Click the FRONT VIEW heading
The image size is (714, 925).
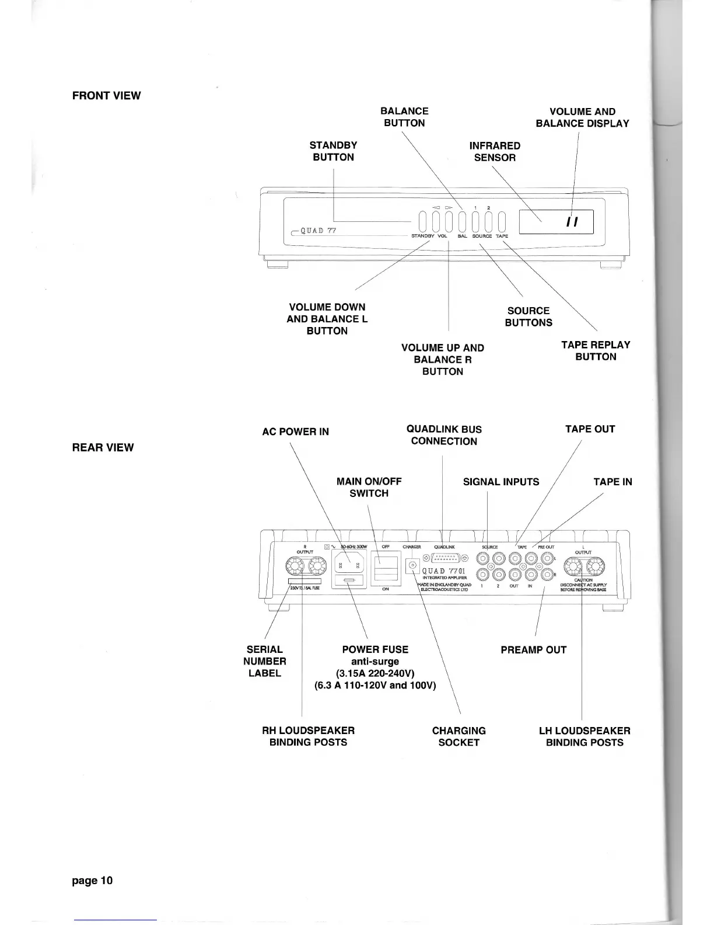coord(106,96)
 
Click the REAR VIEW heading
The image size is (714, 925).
coord(103,448)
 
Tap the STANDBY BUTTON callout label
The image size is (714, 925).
coord(333,151)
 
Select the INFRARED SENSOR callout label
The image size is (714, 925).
coord(495,151)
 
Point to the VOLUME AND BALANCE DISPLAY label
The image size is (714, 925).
coord(582,117)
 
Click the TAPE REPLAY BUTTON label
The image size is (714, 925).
coord(596,351)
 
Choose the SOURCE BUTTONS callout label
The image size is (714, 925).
coord(528,317)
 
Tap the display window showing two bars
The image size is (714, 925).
coord(556,222)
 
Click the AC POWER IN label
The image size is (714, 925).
coord(295,432)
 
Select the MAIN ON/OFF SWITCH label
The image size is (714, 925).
coord(369,487)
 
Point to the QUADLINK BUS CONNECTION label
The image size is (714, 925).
coord(444,435)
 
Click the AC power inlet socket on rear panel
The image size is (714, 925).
coord(349,563)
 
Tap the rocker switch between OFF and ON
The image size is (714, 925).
coord(386,568)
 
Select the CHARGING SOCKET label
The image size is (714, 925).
coord(459,736)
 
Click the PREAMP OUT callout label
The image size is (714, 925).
coord(533,650)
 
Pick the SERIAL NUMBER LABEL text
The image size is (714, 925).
coord(265,661)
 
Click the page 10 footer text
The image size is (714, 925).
coord(92,881)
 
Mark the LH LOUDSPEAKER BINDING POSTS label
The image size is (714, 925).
coord(584,736)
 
